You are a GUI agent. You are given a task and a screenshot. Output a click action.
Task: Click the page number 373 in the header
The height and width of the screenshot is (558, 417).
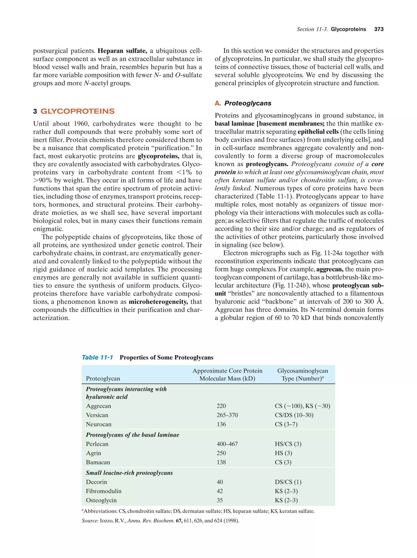tap(379, 29)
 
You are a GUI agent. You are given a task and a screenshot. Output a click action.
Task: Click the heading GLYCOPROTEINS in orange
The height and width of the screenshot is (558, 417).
tap(77, 111)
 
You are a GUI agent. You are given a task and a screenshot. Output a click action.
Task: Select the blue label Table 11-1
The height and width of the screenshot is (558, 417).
tap(97, 357)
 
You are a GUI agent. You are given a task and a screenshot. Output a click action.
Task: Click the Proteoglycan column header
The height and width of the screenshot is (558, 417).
tap(103, 378)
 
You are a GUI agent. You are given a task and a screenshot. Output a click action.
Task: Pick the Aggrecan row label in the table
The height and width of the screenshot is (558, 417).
tap(98, 406)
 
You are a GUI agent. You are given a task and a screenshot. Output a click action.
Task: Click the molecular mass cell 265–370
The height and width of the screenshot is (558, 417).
tap(227, 415)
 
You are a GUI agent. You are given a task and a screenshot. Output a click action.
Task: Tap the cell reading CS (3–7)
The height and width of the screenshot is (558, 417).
tap(286, 424)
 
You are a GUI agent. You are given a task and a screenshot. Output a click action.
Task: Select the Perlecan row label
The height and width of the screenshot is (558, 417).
tap(97, 444)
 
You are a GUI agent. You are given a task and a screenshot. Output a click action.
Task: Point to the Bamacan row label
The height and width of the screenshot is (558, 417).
tap(98, 462)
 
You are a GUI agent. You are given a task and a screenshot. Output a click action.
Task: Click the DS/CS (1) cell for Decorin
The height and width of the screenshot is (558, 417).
tap(288, 482)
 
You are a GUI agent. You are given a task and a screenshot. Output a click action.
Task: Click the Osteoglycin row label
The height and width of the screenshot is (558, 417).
tap(101, 500)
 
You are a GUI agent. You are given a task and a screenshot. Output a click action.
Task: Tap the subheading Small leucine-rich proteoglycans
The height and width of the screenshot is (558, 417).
tap(129, 473)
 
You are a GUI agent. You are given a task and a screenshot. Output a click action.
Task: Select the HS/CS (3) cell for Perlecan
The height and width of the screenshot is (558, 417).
tap(288, 444)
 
